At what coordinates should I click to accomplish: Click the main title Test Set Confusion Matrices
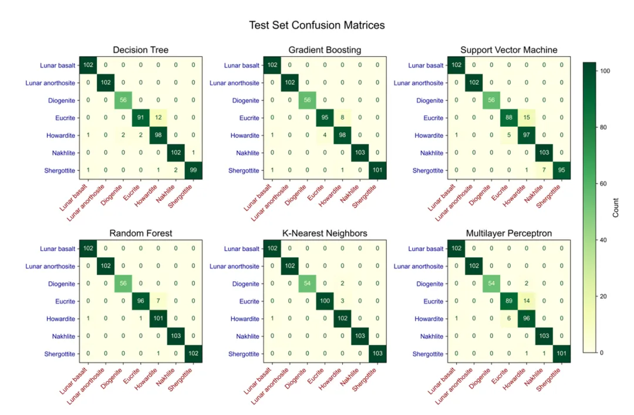[x=317, y=25]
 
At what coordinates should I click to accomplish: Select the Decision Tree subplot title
[x=141, y=50]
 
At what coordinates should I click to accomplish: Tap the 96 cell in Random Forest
[x=141, y=301]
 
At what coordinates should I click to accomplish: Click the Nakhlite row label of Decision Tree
[x=60, y=153]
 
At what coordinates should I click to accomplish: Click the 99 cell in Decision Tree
[x=193, y=170]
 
